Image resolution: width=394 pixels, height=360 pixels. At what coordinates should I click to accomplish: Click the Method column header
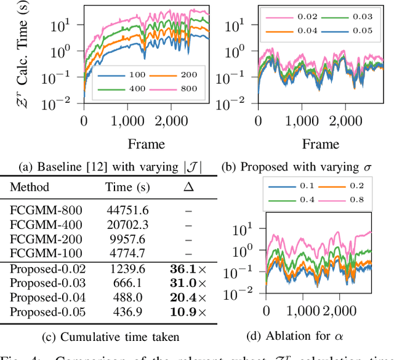(29, 186)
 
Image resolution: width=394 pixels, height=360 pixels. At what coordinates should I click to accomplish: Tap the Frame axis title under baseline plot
(146, 145)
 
